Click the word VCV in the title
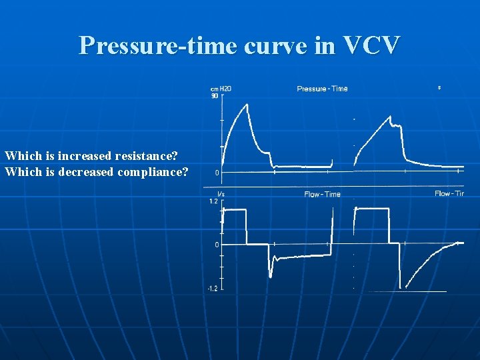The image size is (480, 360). coord(371,45)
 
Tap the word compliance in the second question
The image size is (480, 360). coord(155,171)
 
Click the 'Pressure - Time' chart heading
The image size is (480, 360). coord(322,89)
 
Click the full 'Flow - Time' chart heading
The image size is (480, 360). coord(322,194)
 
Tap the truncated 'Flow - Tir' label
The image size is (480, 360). coord(449,193)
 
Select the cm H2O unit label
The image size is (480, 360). coord(221,89)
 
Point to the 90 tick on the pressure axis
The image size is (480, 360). coord(215,95)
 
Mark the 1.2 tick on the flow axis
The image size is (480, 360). coord(213,201)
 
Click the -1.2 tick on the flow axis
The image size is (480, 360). coord(213,289)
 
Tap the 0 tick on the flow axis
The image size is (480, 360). coord(217,245)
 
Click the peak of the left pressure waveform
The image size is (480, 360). coord(247,104)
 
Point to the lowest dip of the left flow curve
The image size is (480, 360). coord(270,275)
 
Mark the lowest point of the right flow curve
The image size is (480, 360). coord(401,287)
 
